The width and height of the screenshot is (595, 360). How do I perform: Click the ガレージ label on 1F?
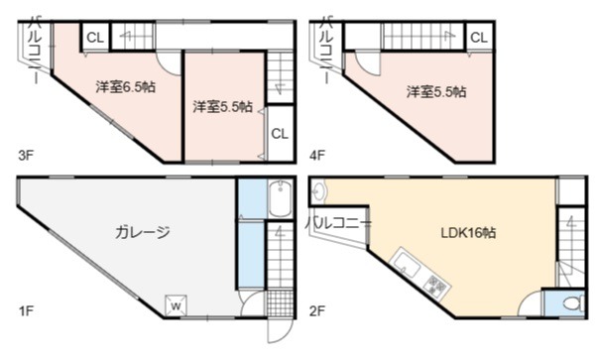click(x=142, y=232)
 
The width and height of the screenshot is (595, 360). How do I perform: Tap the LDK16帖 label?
click(x=468, y=232)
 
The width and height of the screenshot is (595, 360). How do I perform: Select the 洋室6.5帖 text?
click(x=126, y=87)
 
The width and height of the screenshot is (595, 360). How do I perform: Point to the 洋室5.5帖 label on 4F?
click(x=436, y=92)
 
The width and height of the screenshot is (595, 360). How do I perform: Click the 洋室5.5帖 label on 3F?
click(x=223, y=106)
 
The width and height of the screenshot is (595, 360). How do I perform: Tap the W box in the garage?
click(x=176, y=305)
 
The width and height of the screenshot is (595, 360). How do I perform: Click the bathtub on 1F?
click(x=280, y=198)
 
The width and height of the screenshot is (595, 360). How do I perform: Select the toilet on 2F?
click(x=573, y=303)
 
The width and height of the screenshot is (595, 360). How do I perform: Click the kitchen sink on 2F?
click(x=407, y=263)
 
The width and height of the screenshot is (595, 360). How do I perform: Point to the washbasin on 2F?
click(x=318, y=192)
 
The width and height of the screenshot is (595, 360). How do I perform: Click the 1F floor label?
click(x=26, y=311)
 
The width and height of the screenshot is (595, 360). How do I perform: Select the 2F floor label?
click(x=317, y=311)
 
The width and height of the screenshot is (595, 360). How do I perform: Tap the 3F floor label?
click(x=26, y=155)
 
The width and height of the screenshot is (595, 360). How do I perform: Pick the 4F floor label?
click(x=317, y=155)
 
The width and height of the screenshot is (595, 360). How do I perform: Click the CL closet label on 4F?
click(x=479, y=38)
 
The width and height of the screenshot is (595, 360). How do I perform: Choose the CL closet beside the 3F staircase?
click(x=95, y=38)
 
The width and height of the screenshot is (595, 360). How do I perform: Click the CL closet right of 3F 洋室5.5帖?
click(x=280, y=134)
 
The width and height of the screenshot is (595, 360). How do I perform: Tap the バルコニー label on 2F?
click(x=338, y=223)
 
